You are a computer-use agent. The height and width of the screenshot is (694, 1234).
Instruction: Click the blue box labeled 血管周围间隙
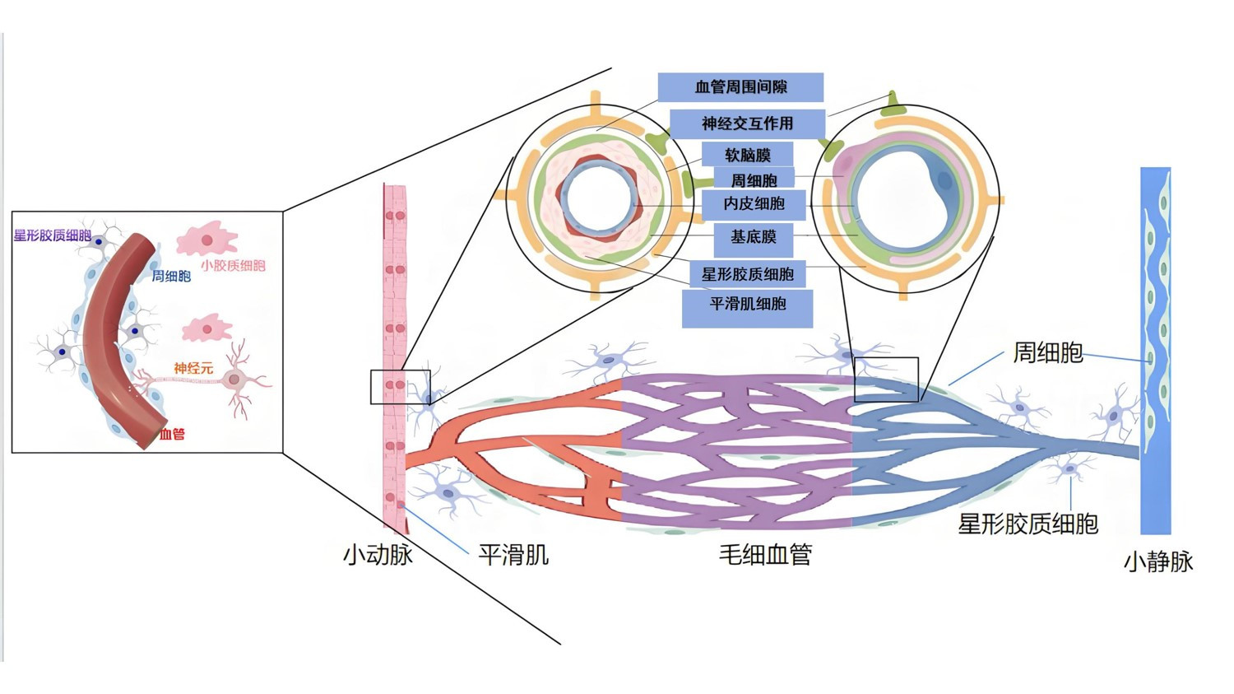(x=740, y=87)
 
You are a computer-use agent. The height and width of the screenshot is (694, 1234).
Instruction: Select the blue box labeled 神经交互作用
(x=747, y=123)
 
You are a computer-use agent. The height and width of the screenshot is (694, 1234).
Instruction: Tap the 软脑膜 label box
(x=747, y=155)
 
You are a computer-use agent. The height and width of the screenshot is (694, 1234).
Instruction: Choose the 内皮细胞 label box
(x=754, y=204)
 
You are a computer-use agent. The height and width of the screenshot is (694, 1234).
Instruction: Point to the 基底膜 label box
(x=754, y=237)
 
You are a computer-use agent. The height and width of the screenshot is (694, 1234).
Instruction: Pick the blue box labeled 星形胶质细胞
(x=747, y=274)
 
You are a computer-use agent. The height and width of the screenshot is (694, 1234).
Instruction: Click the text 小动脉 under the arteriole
(x=378, y=554)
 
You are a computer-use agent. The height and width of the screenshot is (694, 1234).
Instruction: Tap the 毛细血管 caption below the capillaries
(x=765, y=554)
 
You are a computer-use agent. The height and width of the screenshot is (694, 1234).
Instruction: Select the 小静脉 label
(x=1158, y=561)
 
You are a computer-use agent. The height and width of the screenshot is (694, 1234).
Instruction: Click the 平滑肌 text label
(x=513, y=554)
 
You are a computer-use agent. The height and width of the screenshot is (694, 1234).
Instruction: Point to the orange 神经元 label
(x=193, y=368)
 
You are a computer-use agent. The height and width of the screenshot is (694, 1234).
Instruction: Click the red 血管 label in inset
(x=172, y=434)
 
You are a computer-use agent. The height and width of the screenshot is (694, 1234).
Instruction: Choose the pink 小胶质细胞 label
(x=233, y=265)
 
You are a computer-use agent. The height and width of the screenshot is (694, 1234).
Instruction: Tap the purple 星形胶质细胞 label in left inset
(x=52, y=235)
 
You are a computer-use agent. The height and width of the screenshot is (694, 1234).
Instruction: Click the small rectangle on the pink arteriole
(x=400, y=387)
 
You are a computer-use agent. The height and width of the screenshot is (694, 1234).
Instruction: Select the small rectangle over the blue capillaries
(x=886, y=380)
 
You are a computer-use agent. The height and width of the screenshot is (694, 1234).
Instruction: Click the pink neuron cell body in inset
(x=234, y=380)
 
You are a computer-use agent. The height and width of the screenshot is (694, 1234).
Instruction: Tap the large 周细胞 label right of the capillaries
(x=1047, y=352)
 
